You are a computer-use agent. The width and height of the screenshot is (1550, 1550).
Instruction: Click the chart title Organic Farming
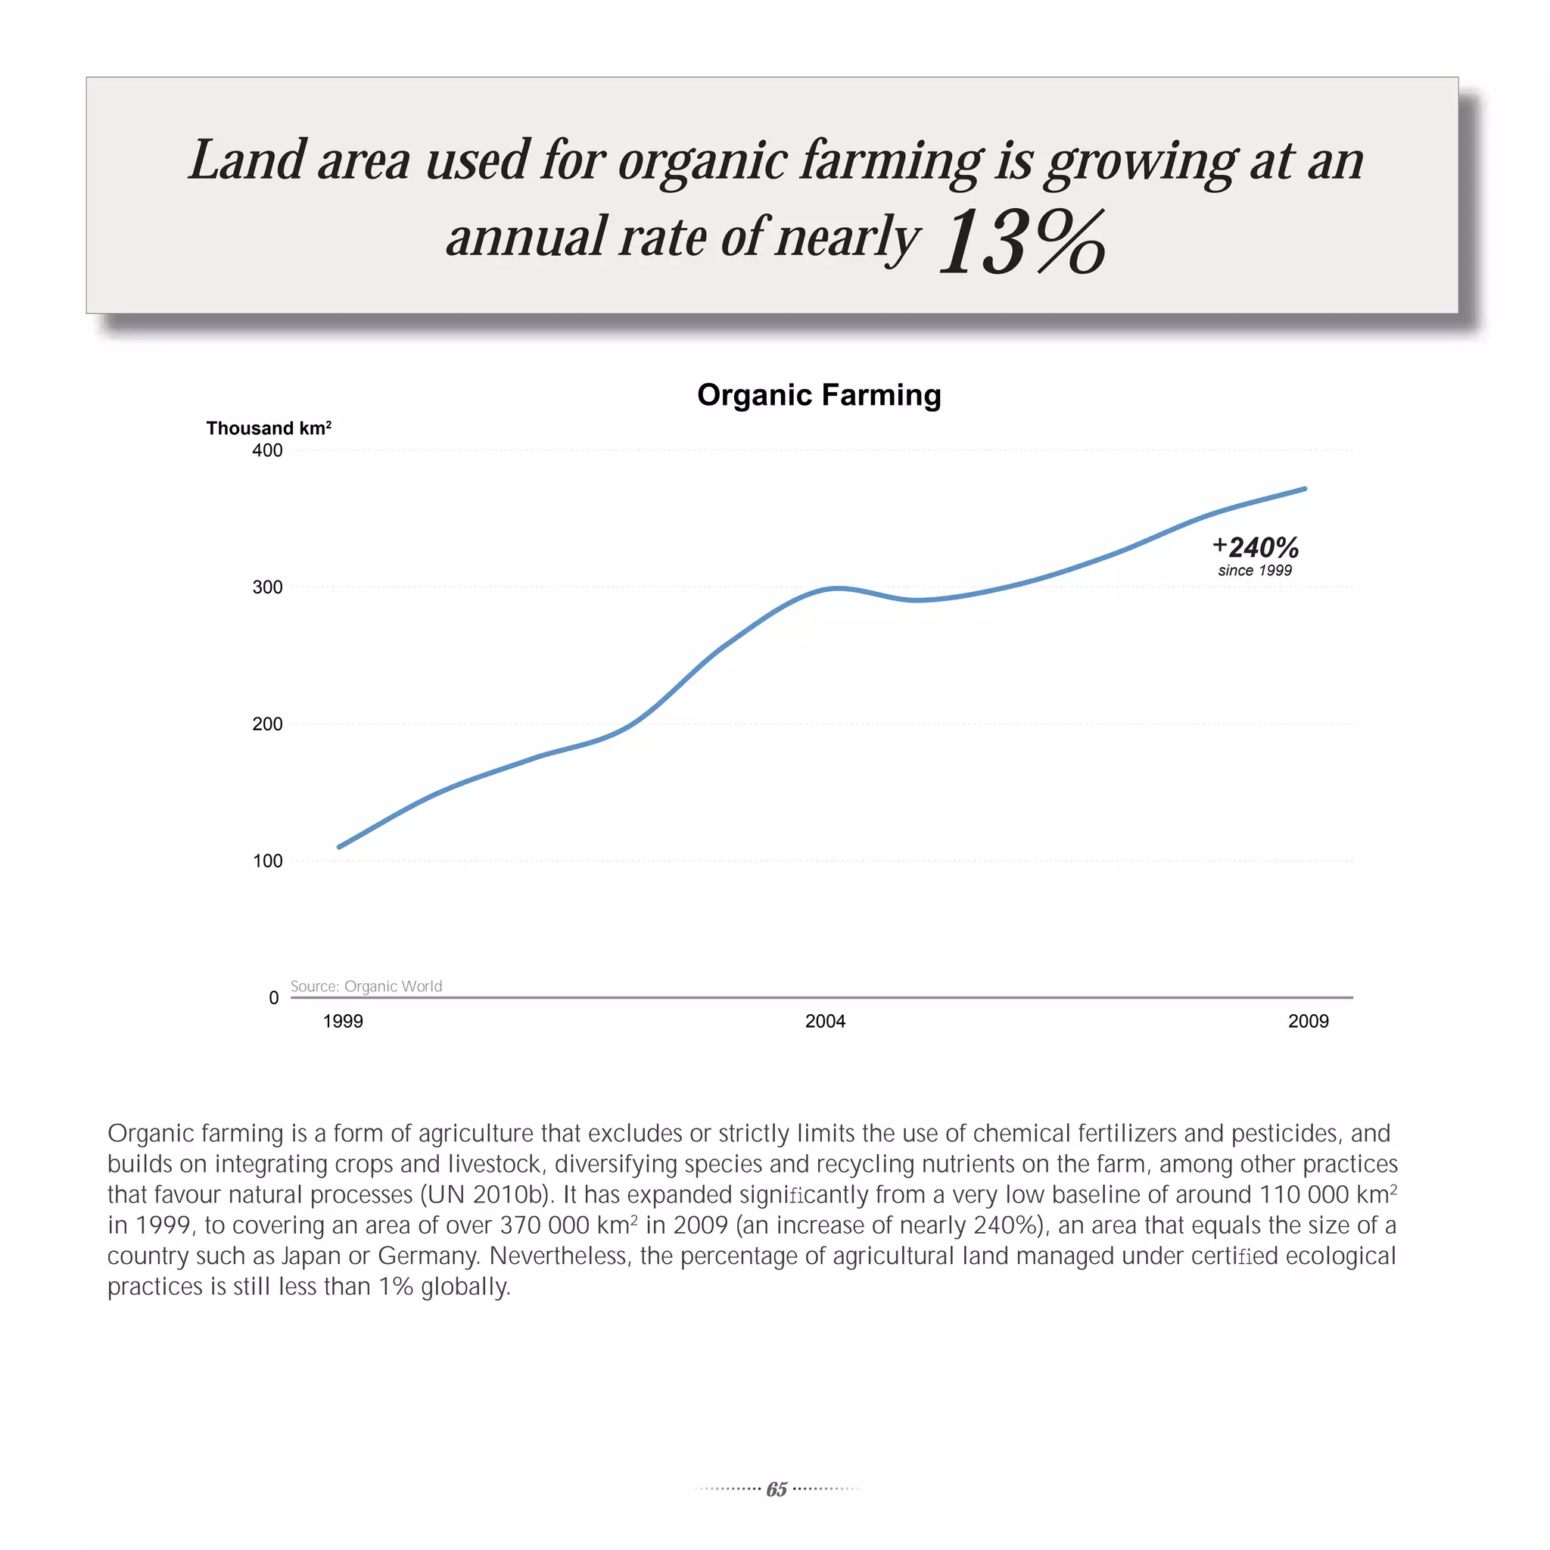coord(818,395)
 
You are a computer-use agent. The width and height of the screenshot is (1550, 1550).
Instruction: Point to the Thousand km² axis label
coord(269,428)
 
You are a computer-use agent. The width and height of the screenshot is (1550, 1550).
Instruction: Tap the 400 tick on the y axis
coord(267,450)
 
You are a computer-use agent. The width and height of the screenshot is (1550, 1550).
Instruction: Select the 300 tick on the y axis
coord(267,587)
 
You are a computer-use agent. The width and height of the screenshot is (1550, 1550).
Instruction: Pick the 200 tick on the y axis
coord(267,724)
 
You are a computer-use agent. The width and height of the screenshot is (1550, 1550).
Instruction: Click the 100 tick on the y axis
coord(267,861)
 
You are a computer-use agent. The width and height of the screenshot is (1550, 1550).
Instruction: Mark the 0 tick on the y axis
coord(273,998)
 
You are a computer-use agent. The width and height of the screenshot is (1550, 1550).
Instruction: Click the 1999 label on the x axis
coord(343,1021)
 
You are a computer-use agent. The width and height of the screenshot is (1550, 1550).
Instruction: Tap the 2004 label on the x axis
coord(825,1021)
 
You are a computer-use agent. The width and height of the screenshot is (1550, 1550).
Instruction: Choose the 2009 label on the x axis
coord(1308,1021)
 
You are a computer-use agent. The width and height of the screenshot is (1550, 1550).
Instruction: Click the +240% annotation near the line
coord(1256,547)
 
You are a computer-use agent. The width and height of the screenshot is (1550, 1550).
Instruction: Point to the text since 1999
coord(1255,571)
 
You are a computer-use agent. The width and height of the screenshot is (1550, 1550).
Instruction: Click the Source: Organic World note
coord(366,986)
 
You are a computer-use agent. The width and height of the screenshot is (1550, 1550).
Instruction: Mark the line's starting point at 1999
coord(339,846)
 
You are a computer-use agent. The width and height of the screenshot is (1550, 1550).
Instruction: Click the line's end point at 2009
coord(1305,489)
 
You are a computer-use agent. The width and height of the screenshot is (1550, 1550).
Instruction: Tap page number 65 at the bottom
coord(776,1489)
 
